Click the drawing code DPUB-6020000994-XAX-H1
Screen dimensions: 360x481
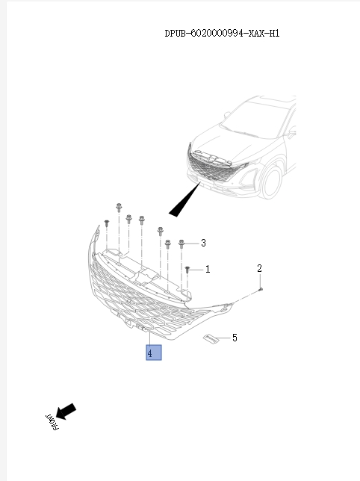coord(222,33)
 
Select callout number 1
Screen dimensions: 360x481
coord(208,270)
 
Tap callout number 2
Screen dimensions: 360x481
coord(259,268)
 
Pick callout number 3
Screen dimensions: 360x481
coord(203,243)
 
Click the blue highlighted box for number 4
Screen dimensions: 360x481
coord(154,353)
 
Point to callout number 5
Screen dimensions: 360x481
coord(235,338)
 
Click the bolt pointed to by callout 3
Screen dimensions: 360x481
coord(181,244)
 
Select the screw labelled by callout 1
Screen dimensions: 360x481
coord(187,270)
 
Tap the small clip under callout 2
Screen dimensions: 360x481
coord(261,289)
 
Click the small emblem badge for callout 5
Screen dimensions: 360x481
coord(211,339)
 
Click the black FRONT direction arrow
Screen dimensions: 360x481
coord(66,411)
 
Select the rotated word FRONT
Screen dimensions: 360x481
coord(52,423)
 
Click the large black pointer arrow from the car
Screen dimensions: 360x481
coord(185,199)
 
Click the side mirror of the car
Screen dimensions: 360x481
coord(291,132)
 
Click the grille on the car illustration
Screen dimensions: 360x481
coord(214,167)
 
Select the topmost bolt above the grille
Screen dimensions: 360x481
coord(119,208)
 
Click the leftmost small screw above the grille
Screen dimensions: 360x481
coord(107,223)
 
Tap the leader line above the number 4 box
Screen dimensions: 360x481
coord(149,338)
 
